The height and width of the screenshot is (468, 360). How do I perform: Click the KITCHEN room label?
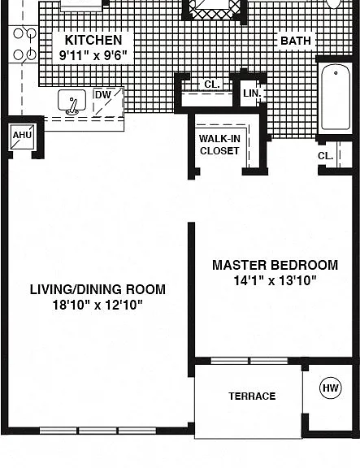click(x=93, y=40)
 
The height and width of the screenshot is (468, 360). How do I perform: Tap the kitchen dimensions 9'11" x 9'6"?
click(x=93, y=55)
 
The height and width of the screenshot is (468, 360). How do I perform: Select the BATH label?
click(x=296, y=41)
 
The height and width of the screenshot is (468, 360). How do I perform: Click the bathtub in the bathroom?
click(x=336, y=97)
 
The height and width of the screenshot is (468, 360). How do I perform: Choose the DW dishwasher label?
click(x=103, y=95)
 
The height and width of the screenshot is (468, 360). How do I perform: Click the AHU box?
click(x=23, y=136)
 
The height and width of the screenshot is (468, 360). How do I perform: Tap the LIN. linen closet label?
click(x=252, y=93)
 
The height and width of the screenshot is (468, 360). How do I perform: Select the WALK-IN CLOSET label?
click(x=219, y=145)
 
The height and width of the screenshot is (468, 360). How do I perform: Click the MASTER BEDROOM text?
click(x=275, y=265)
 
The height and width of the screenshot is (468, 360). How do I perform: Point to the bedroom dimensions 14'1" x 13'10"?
click(x=275, y=280)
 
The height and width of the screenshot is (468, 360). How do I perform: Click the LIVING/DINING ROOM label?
click(x=98, y=289)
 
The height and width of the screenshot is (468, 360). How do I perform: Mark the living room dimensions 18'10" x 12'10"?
click(x=98, y=305)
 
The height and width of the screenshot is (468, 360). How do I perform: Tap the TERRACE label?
click(x=252, y=396)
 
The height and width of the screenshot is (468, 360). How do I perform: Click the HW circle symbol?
click(x=331, y=388)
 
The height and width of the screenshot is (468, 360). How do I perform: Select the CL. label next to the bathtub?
click(x=325, y=156)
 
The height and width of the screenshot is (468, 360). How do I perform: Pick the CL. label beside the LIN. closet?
click(x=212, y=84)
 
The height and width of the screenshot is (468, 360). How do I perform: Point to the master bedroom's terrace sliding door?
click(x=249, y=361)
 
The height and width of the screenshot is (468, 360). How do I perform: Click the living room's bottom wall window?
click(x=98, y=431)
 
